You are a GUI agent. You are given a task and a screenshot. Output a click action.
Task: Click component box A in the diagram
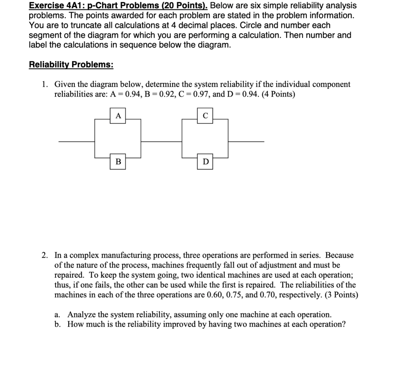pos(118,116)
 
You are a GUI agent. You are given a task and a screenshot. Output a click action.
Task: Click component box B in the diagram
pos(118,161)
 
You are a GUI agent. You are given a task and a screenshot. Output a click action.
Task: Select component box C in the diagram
pos(205,116)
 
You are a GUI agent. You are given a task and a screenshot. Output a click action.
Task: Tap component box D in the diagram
pos(205,161)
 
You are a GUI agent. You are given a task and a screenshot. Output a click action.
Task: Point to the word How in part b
pos(75,324)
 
